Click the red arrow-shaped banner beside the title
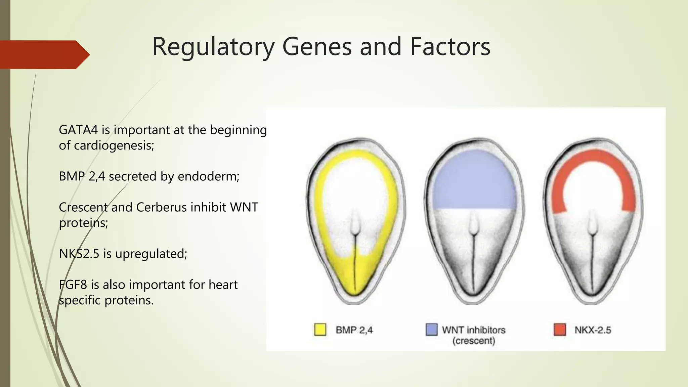pos(44,54)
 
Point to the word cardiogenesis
pos(114,145)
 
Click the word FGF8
pos(73,285)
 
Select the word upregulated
pos(151,254)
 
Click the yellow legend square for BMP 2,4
pos(320,330)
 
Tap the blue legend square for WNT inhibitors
pos(431,330)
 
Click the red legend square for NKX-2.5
pos(560,330)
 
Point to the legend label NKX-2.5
pos(593,330)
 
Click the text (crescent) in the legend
pos(474,341)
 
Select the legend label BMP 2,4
pos(354,330)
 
